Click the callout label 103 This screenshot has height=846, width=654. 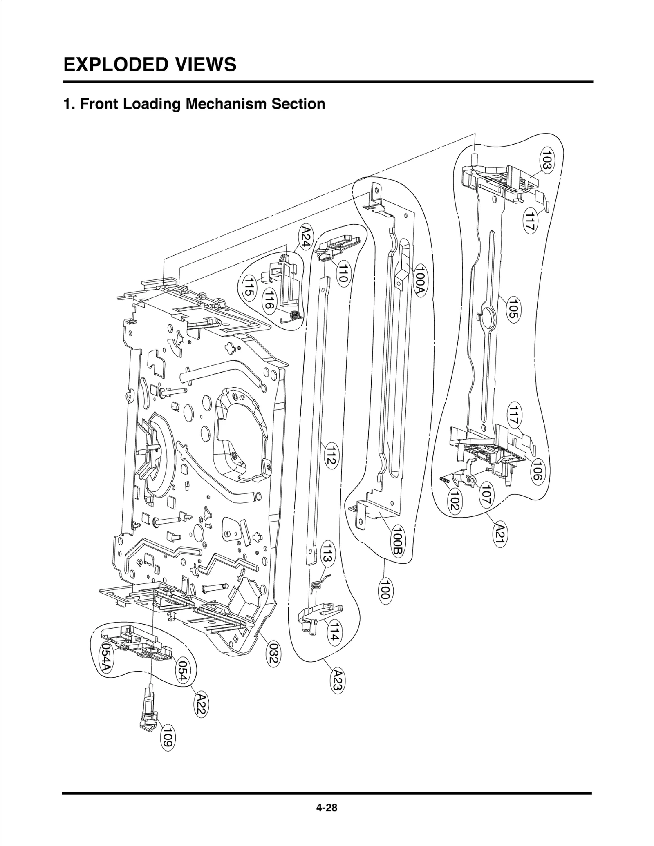coord(547,160)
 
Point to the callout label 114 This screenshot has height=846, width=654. coord(334,633)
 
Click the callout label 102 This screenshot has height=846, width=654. coord(454,501)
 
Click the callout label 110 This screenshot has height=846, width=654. coord(343,273)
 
